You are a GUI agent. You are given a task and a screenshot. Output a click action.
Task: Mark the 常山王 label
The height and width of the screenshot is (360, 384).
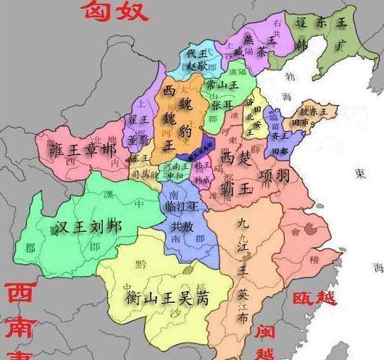(222, 85)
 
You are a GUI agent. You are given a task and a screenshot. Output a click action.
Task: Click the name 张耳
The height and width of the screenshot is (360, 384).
(222, 105)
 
